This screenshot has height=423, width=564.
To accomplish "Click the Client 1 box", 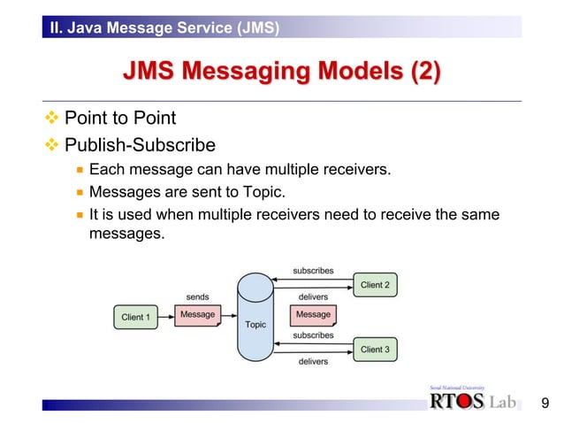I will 136,317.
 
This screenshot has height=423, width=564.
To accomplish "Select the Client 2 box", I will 374,285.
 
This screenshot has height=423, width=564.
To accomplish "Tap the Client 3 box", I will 374,350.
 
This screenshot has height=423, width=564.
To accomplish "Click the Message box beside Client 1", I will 197,315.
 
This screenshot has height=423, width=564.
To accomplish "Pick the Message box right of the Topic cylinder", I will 313,315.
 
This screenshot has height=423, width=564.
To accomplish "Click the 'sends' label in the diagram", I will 197,297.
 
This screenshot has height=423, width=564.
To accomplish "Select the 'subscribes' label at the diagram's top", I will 313,269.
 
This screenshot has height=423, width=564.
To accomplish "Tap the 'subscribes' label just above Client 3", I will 313,335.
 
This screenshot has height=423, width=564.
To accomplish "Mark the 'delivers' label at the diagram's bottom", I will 313,361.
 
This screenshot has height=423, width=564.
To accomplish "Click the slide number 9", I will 545,404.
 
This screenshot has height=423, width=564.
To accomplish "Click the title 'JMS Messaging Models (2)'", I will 281,71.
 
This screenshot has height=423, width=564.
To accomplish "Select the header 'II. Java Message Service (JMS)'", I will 165,28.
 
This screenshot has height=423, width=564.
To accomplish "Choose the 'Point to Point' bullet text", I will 120,119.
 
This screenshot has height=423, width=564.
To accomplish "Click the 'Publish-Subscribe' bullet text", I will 141,144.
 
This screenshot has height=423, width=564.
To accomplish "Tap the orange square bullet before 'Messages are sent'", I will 80,191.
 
